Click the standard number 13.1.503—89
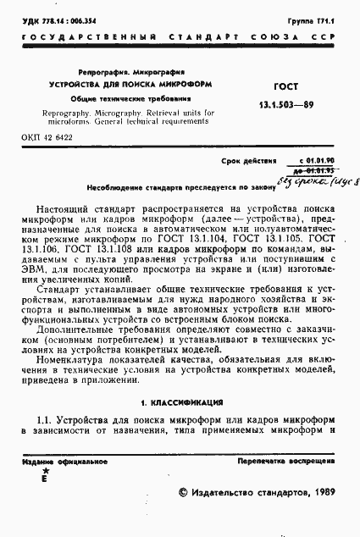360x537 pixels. (296, 103)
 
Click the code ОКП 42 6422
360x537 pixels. (47, 136)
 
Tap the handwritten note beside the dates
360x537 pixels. (320, 180)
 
